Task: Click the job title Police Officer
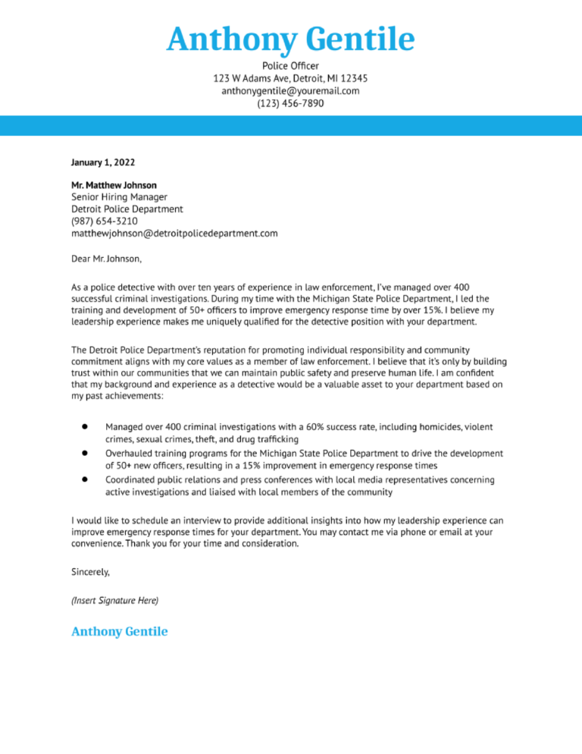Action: [x=290, y=66]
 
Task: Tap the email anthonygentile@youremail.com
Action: [x=290, y=91]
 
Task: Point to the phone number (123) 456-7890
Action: [x=290, y=103]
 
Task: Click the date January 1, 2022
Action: [x=104, y=162]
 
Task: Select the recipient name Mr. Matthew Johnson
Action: [x=114, y=185]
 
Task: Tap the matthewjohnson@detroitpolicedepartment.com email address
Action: [x=174, y=233]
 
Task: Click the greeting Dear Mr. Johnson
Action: [x=106, y=259]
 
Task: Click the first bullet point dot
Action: [x=86, y=428]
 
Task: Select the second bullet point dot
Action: [x=86, y=454]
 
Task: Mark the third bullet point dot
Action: [x=86, y=479]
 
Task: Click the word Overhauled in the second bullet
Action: [x=131, y=454]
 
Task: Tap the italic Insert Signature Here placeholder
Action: [x=114, y=600]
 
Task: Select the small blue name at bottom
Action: [x=119, y=631]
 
